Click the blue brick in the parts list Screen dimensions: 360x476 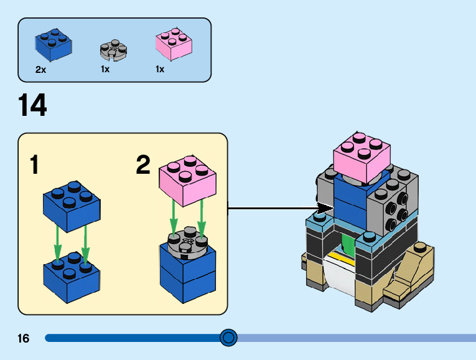coord(53,46)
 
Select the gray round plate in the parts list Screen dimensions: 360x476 coord(113,50)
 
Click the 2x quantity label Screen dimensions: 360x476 coord(41,70)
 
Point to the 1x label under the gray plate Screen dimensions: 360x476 coord(105,70)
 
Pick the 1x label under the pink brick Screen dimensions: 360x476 coord(160,70)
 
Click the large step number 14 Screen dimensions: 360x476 coord(32,106)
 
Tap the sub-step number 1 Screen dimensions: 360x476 coord(35,166)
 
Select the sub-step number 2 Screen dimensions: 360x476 coord(143,166)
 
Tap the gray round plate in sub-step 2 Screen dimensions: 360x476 coord(187,244)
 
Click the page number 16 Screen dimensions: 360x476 coord(24,339)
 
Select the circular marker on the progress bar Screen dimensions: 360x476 coord(229,338)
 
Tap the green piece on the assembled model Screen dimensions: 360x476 coord(347,244)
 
